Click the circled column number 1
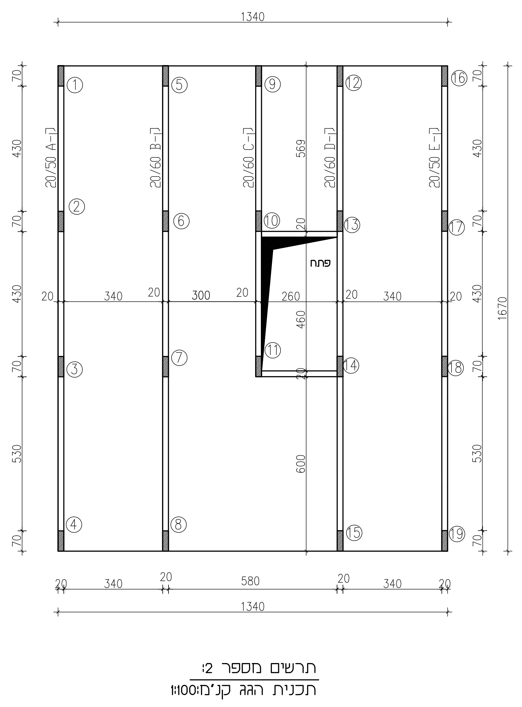75,85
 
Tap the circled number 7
179,358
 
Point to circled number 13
352,224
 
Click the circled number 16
459,78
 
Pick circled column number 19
457,534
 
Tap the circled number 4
74,524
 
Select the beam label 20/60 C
249,157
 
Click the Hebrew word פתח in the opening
320,263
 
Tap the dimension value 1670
503,308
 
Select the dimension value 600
301,464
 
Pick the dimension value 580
250,581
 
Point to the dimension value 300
201,295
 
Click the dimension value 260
291,296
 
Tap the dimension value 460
301,319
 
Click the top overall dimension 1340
253,17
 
